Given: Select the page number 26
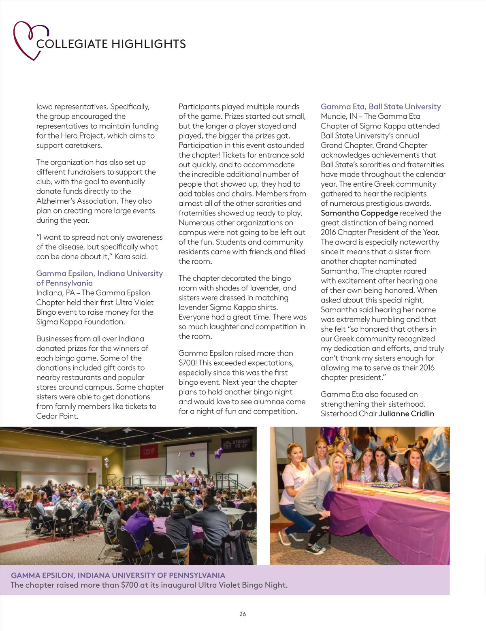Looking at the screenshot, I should click(243, 614).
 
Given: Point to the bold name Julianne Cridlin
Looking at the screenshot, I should click(407, 414).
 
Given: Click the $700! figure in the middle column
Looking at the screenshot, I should click(188, 363).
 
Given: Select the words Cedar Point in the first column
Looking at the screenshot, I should click(57, 416).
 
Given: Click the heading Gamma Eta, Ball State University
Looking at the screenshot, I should click(381, 107).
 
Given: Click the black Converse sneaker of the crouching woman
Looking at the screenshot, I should click(315, 549).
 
